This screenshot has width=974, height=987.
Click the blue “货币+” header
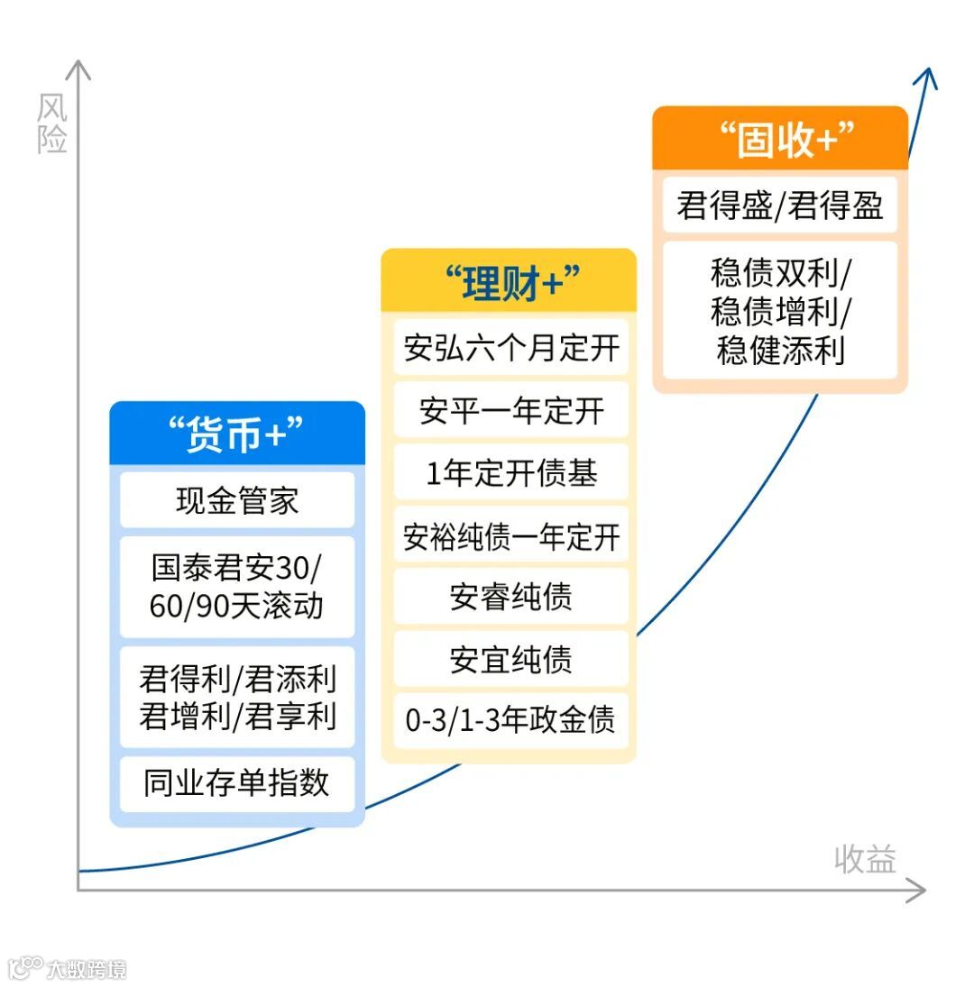[237, 434]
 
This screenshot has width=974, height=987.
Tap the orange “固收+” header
[780, 139]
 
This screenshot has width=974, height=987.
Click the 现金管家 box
[237, 500]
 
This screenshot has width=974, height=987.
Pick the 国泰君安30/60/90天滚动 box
[237, 587]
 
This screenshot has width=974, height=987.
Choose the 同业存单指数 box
[237, 783]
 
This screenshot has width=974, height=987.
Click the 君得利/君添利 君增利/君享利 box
[237, 697]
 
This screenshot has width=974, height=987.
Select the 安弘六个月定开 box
[510, 348]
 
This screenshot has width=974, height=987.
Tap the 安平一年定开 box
[510, 411]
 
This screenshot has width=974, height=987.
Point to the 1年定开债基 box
[510, 473]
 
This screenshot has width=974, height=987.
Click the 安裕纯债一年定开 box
[510, 536]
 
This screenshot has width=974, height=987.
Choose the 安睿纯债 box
[510, 598]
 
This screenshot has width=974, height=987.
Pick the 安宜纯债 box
[510, 660]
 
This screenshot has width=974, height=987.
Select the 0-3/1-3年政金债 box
[510, 721]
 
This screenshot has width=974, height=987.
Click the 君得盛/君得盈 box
[780, 206]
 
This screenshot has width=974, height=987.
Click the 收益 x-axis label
[865, 859]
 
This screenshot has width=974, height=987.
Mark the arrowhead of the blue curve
[925, 78]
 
